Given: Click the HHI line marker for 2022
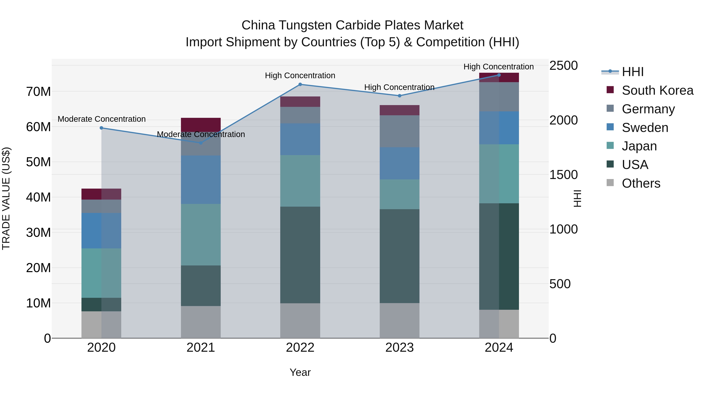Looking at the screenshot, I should pyautogui.click(x=300, y=84).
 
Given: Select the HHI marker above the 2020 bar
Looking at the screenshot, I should pyautogui.click(x=101, y=128).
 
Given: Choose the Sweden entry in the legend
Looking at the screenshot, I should pyautogui.click(x=645, y=128).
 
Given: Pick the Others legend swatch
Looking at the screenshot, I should pyautogui.click(x=610, y=183).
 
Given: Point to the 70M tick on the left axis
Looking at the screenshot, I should pyautogui.click(x=38, y=92).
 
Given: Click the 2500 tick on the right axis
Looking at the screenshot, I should pyautogui.click(x=563, y=66).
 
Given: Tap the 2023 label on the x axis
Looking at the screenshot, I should pyautogui.click(x=399, y=348).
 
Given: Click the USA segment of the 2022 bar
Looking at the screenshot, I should pyautogui.click(x=300, y=255).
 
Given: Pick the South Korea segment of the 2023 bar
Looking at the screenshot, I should pyautogui.click(x=399, y=110).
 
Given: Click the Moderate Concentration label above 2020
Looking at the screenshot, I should pyautogui.click(x=101, y=119).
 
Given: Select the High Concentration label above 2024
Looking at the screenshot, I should pyautogui.click(x=498, y=67).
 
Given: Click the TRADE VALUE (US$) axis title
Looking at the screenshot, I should pyautogui.click(x=6, y=198).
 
